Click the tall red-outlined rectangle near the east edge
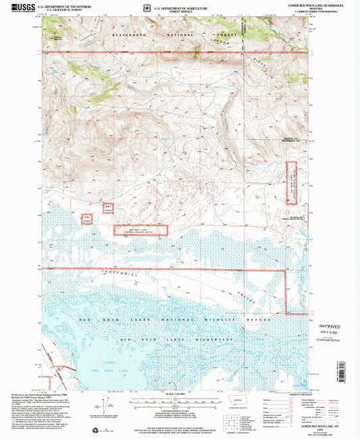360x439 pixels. point(292,182)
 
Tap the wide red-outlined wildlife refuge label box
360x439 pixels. point(140,230)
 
